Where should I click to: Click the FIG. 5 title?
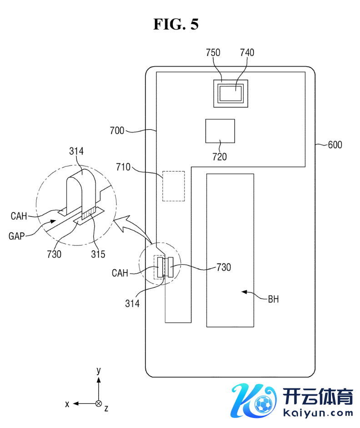175,25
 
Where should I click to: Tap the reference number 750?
213,52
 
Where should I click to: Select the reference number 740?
247,52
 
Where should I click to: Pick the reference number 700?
117,131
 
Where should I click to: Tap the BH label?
273,299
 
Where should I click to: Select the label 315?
98,254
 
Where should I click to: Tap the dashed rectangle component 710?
174,186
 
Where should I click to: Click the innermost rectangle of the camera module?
232,93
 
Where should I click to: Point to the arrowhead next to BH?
244,292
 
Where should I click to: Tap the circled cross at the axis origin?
98,403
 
